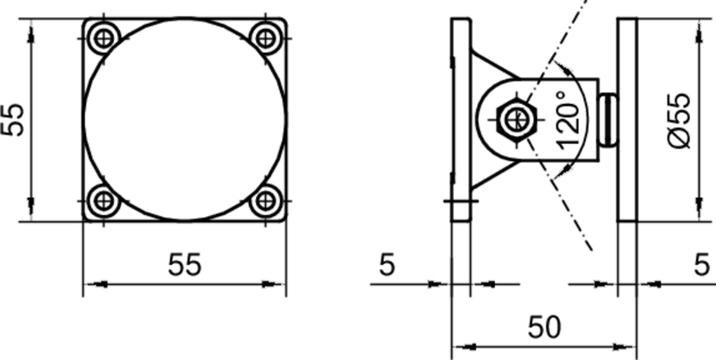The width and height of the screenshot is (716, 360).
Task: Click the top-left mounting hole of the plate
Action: [x=106, y=38]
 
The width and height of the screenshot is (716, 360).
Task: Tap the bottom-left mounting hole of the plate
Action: [x=106, y=201]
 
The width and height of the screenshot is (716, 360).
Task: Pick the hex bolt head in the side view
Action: [x=516, y=119]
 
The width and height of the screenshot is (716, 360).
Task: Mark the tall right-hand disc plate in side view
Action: [x=626, y=119]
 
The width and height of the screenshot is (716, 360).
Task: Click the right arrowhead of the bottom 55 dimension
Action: [x=278, y=285]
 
